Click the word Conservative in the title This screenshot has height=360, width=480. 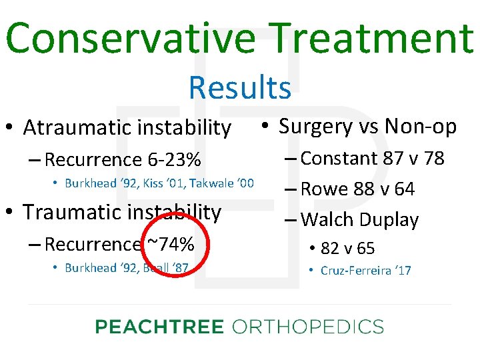point(130,38)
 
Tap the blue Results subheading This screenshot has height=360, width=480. point(240,87)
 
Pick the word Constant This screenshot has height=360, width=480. point(339,159)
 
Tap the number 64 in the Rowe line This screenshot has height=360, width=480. point(405,189)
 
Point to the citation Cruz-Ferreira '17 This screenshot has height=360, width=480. point(366,271)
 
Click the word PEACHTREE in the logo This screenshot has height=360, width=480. point(159,327)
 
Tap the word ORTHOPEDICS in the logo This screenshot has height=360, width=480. point(307,327)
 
